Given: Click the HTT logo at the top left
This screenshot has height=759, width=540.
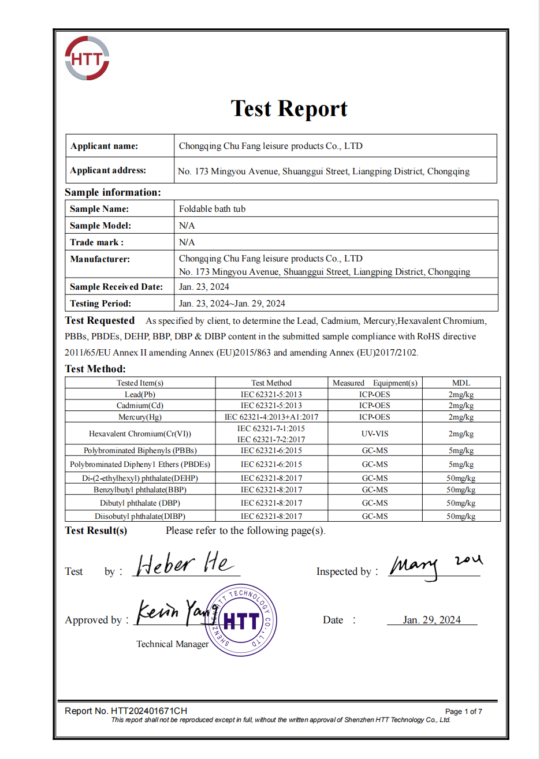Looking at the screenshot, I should [x=87, y=58].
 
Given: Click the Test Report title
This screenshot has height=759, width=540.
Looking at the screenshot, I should [x=289, y=109].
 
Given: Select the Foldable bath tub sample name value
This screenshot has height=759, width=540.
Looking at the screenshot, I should [x=212, y=209].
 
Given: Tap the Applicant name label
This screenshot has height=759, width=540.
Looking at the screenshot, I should [x=104, y=146].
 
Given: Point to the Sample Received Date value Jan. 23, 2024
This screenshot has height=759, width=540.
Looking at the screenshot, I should [x=204, y=287].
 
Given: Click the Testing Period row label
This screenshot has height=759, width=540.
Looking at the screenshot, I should [x=100, y=304].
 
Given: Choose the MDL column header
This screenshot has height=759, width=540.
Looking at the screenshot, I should [x=461, y=383].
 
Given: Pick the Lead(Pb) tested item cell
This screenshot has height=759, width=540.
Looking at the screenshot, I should [x=140, y=394].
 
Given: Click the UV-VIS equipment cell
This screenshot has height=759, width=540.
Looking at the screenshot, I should [x=374, y=433].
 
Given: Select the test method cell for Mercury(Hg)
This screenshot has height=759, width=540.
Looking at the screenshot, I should [x=271, y=417].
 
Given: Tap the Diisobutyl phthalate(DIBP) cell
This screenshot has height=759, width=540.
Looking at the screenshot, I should [x=140, y=516].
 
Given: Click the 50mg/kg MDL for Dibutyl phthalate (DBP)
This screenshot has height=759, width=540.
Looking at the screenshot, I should [x=461, y=503].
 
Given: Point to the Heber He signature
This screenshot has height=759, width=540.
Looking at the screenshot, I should [x=184, y=564].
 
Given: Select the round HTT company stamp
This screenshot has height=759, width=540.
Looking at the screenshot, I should [x=241, y=620].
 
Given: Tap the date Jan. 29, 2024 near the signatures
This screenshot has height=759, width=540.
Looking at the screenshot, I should [x=431, y=620].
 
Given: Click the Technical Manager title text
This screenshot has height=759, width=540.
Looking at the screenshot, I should [x=172, y=644].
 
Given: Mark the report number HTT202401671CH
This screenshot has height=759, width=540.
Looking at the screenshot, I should [x=126, y=711].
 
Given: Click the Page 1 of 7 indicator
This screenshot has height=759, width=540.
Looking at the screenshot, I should [x=463, y=712].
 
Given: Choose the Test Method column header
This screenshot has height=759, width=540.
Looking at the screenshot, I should [x=271, y=383].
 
